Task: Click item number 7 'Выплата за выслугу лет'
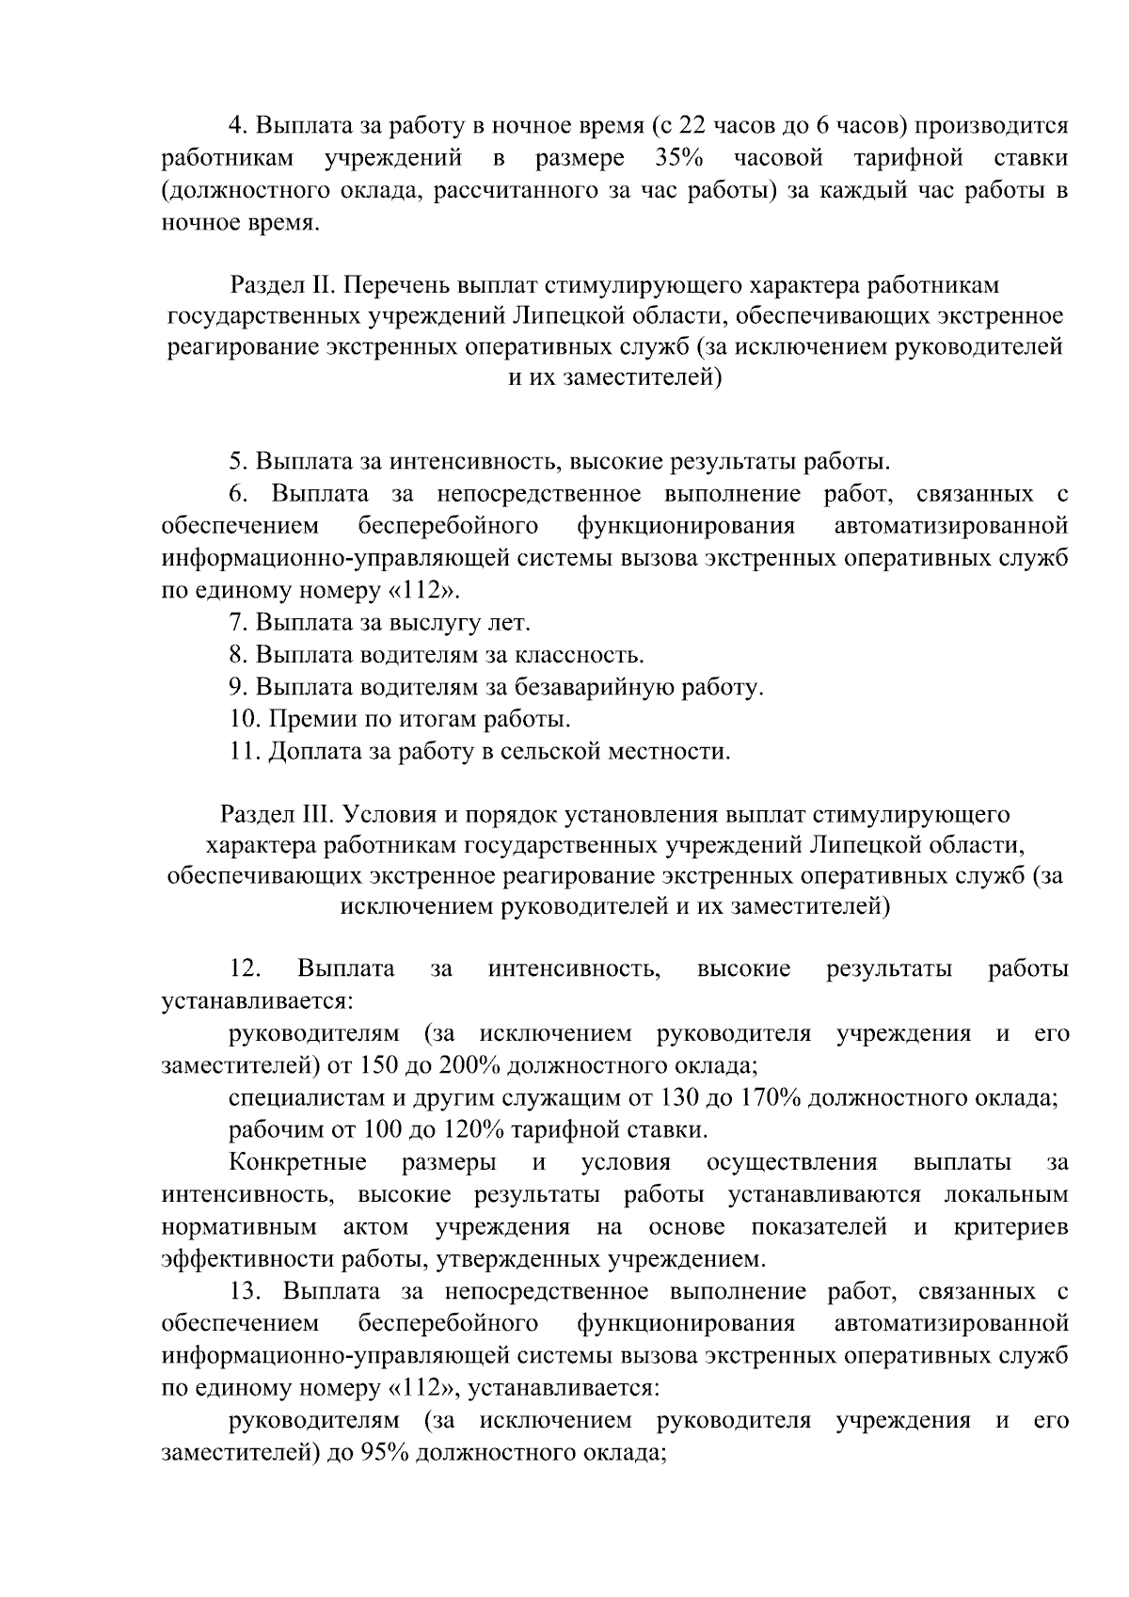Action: [381, 622]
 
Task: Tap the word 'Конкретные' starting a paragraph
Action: [298, 1163]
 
